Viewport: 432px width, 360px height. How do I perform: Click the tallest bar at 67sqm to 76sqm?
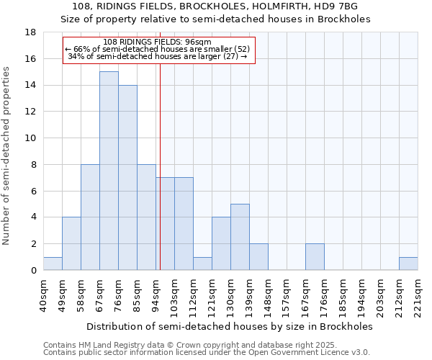click(109, 171)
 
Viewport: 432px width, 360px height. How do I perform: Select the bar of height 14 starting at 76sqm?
click(127, 177)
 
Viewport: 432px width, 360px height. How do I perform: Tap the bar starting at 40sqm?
click(53, 264)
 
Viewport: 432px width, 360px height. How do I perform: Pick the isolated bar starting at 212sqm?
click(408, 264)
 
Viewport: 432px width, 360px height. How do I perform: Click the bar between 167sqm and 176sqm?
click(315, 257)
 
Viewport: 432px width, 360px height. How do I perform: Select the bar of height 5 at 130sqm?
click(240, 237)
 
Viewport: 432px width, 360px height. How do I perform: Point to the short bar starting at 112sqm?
click(202, 264)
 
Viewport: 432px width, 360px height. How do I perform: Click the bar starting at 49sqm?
click(71, 243)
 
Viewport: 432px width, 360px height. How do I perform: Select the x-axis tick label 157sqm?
click(287, 296)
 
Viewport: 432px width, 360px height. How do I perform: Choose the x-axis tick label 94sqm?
click(156, 296)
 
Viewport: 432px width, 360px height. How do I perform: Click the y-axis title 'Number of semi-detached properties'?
click(7, 156)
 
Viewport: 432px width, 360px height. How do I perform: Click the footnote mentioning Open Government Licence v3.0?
click(207, 353)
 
